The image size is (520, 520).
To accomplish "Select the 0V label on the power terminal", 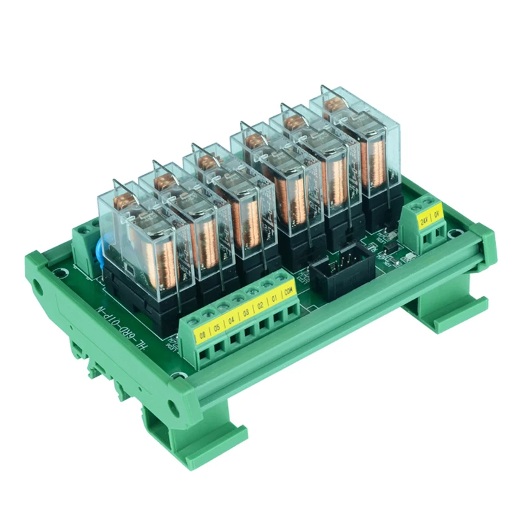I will (x=435, y=211).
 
